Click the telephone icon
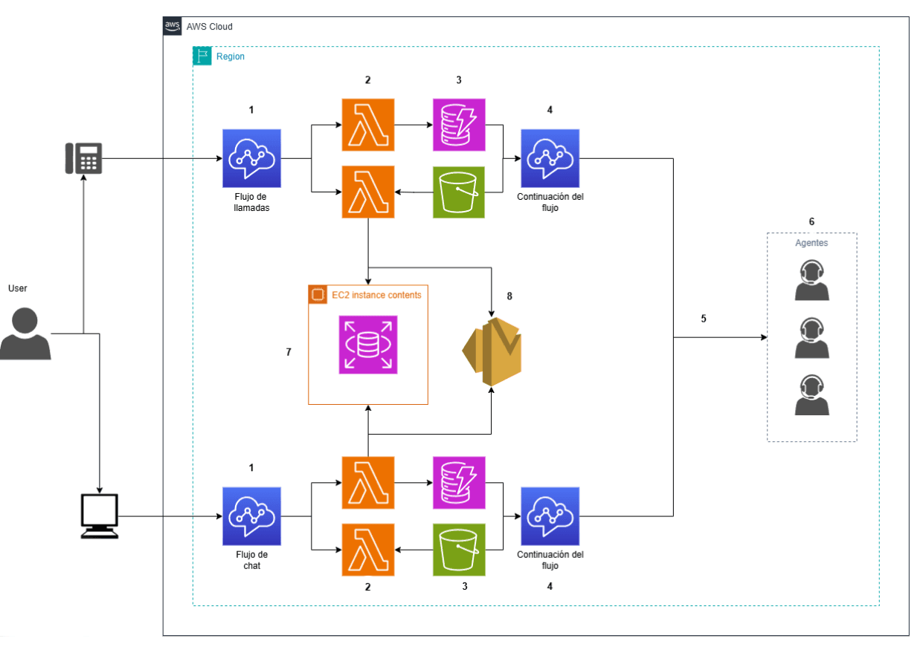coord(83,158)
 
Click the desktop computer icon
coord(99,516)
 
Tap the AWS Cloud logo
coord(173,26)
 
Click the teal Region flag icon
coord(202,56)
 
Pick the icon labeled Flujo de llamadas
coord(251,158)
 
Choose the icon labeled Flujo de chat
coord(251,516)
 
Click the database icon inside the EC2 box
coord(368,344)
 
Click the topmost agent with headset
coord(811,281)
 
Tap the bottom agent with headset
coord(811,395)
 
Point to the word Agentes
coord(811,243)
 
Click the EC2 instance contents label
coord(376,295)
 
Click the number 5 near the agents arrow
coord(704,319)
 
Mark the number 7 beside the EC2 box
coord(289,351)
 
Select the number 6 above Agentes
coord(811,221)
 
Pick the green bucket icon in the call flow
coord(459,192)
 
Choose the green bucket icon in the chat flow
coord(459,550)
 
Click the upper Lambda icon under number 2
coord(368,125)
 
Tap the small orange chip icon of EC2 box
coord(318,295)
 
